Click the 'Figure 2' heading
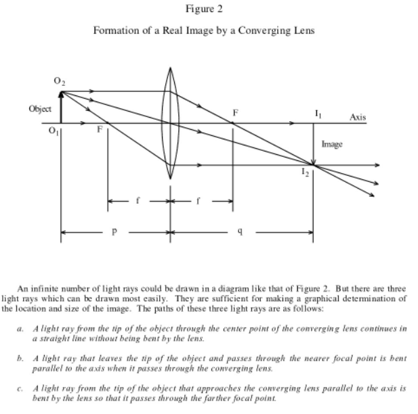(203, 9)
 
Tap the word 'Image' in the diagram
(332, 143)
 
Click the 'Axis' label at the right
(358, 117)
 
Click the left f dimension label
(138, 202)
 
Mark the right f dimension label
(202, 202)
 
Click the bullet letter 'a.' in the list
(22, 327)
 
